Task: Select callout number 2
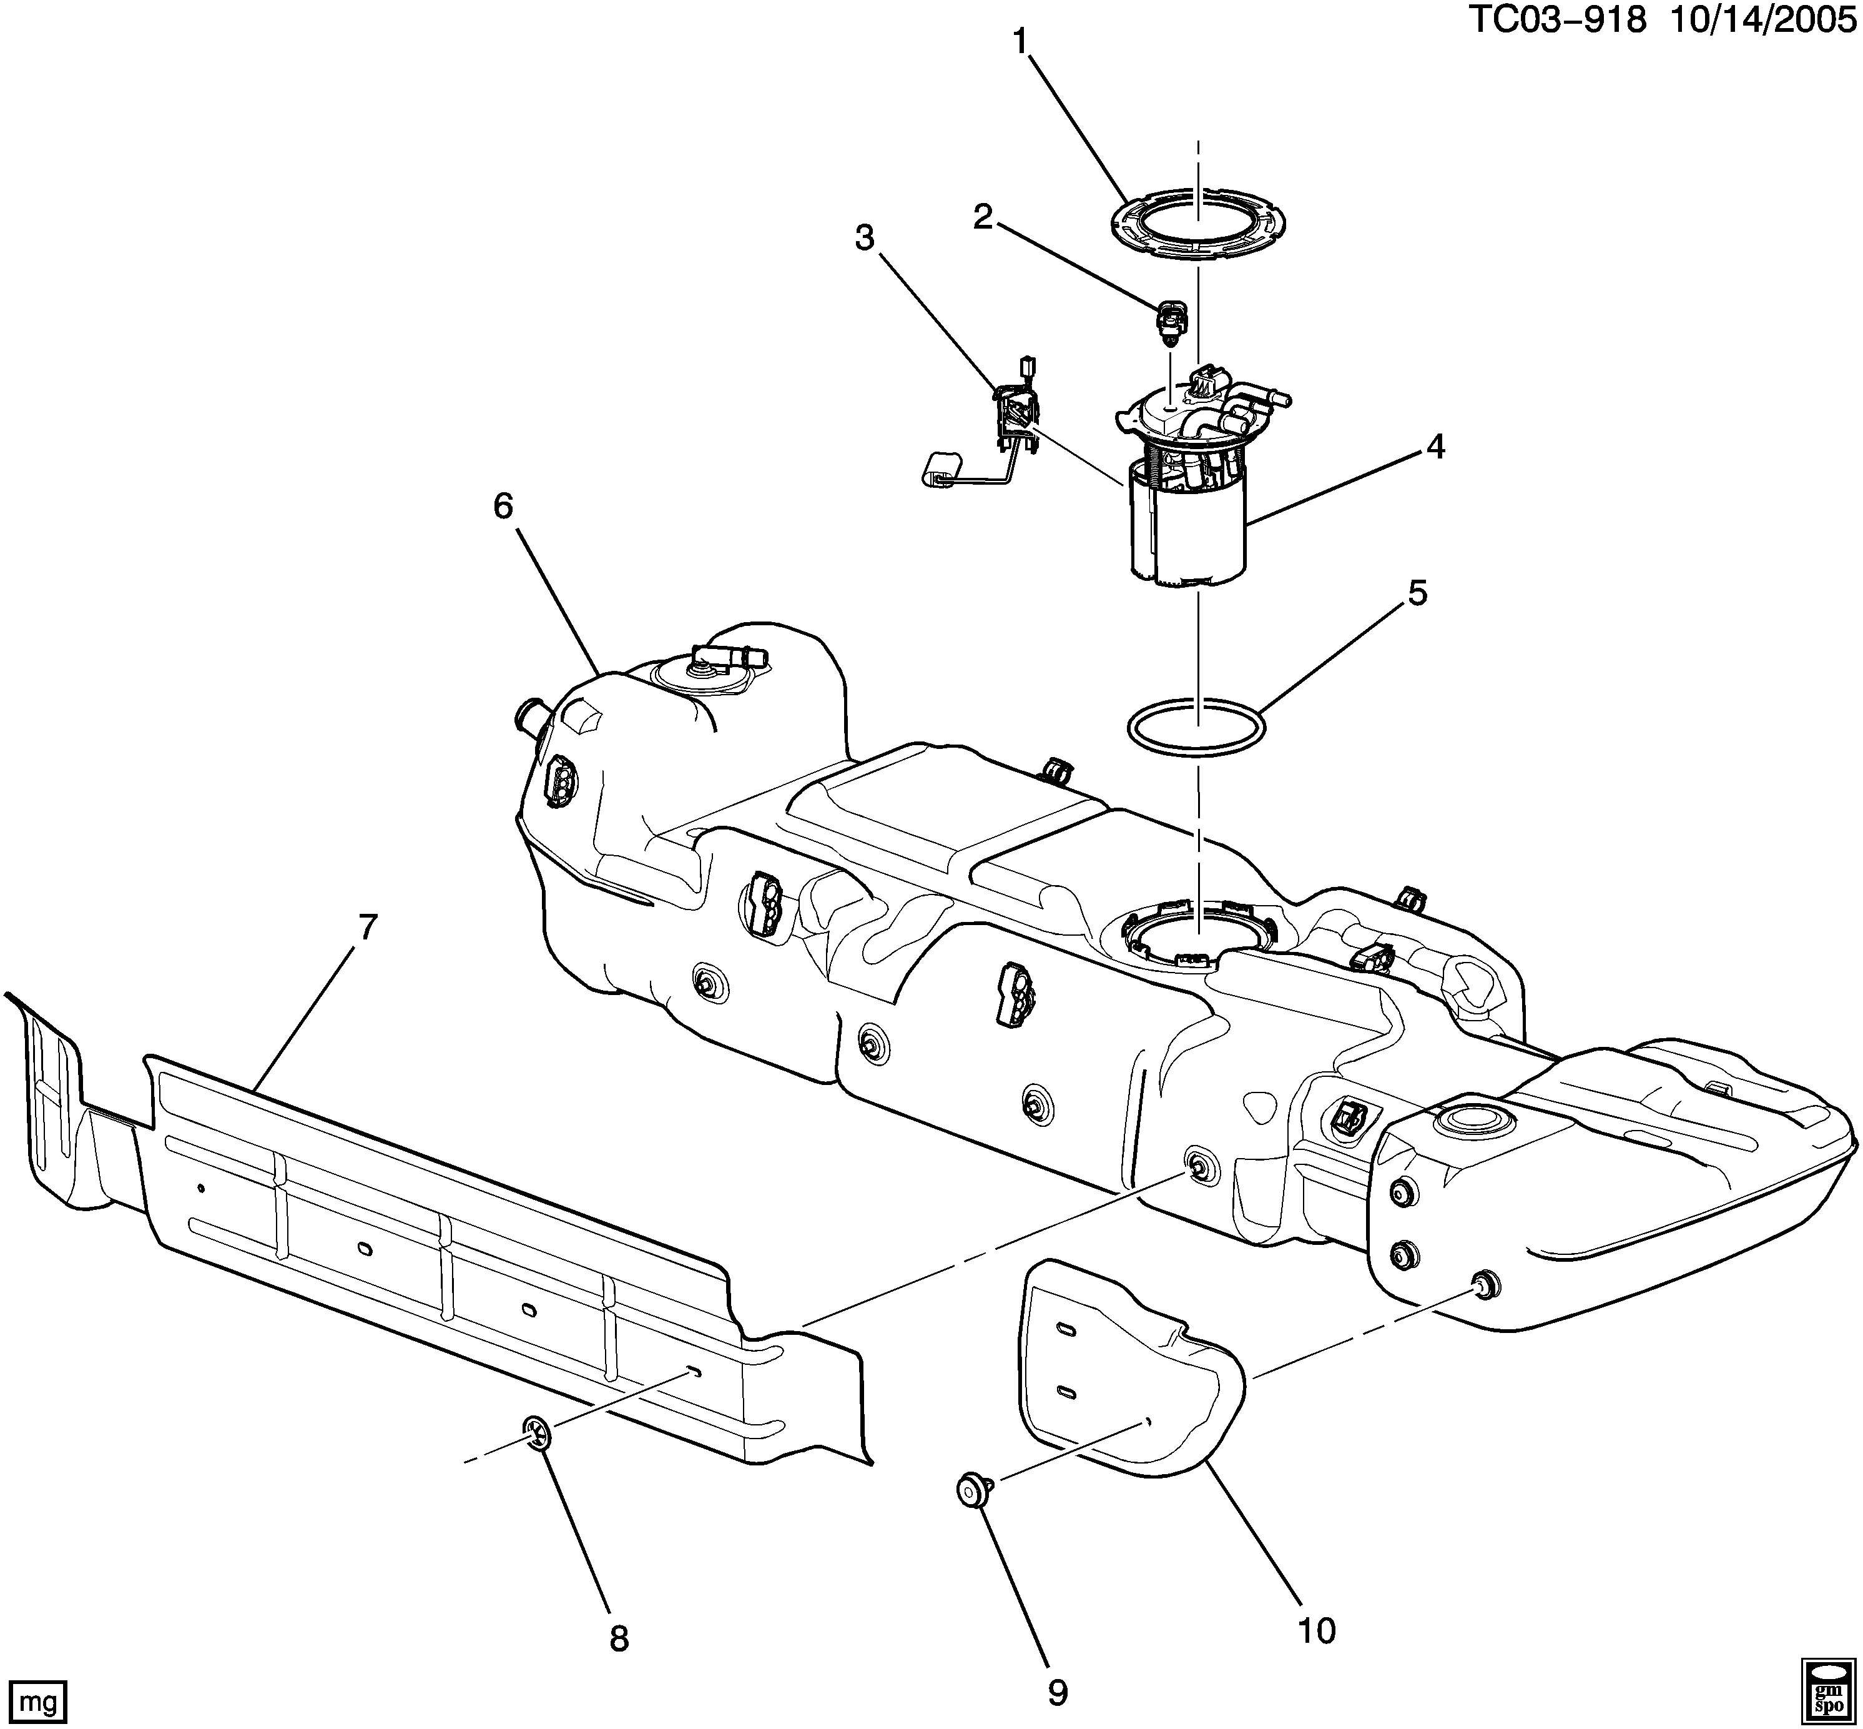coord(982,217)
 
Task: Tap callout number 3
coord(865,239)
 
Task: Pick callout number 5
coord(1418,592)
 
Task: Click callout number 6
coord(503,506)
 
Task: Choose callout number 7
coord(368,927)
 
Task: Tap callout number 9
coord(1057,1692)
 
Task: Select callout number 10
coord(1317,1631)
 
